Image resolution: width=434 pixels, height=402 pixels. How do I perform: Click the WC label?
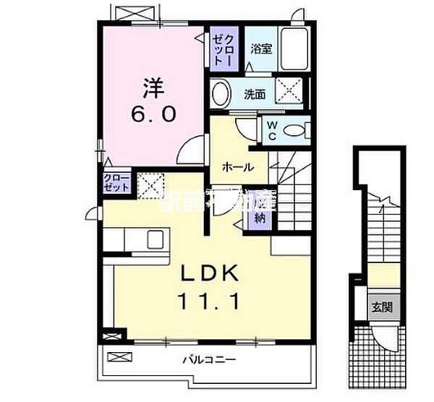click(271, 130)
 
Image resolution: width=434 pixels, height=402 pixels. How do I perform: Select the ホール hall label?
click(237, 167)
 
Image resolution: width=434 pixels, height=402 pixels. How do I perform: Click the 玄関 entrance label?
click(383, 307)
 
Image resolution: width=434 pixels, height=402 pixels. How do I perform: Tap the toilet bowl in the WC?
click(294, 130)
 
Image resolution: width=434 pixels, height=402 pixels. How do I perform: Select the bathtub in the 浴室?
click(294, 49)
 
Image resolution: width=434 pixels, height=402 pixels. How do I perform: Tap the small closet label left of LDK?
click(116, 181)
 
